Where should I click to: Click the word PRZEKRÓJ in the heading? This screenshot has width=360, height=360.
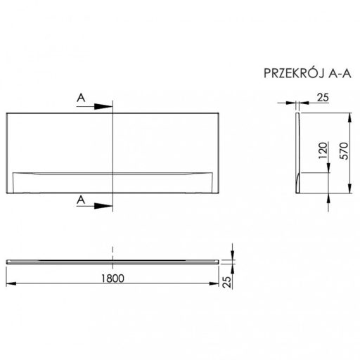294,73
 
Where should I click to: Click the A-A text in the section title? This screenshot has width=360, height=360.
340,74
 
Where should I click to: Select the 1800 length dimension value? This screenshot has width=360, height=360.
112,278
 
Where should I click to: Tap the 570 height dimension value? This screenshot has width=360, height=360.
344,150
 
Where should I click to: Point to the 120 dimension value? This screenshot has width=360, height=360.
323,150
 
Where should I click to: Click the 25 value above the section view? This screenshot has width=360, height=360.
323,98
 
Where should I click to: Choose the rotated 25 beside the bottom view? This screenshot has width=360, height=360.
227,282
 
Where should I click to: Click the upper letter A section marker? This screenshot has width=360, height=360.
81,98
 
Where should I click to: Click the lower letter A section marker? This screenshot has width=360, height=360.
81,200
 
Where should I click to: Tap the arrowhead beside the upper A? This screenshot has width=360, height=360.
103,107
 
